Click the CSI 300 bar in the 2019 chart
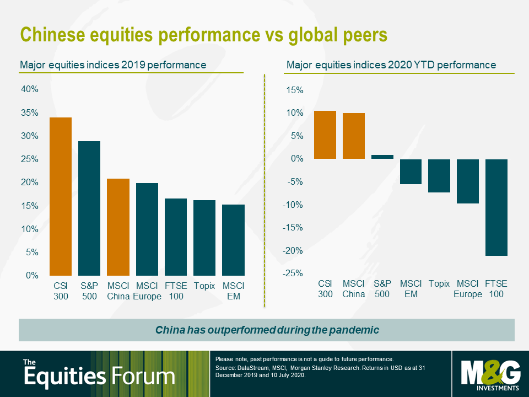(x=61, y=196)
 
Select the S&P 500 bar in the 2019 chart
(x=89, y=208)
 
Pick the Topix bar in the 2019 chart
(x=204, y=238)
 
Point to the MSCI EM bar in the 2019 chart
(x=233, y=240)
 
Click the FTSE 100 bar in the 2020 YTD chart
(x=496, y=207)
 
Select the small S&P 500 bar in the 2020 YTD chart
(x=382, y=157)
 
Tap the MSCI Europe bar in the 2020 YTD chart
(x=467, y=181)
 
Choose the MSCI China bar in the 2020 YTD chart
(x=353, y=136)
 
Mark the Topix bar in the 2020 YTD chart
(x=439, y=175)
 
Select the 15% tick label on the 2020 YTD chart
(x=295, y=90)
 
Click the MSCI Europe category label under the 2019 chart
(x=147, y=291)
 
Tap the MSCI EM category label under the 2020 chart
(x=411, y=289)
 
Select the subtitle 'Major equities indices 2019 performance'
(x=113, y=65)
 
